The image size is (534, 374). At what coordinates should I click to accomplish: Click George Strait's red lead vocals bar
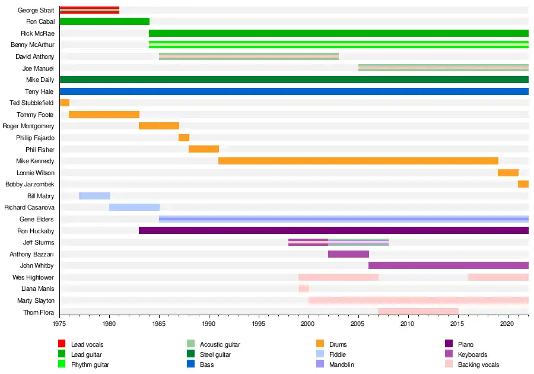[89, 10]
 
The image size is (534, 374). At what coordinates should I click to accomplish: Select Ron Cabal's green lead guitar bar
[104, 21]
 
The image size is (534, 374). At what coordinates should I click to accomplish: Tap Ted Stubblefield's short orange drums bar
[65, 103]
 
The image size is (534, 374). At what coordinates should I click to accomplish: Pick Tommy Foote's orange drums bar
[104, 115]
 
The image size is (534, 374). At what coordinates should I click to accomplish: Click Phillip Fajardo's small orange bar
[184, 138]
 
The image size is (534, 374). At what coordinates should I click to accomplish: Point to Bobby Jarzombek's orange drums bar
[523, 184]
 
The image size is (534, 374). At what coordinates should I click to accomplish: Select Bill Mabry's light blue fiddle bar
[94, 196]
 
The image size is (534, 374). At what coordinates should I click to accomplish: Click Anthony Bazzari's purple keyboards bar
[348, 254]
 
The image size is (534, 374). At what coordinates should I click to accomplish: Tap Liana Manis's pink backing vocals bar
[303, 289]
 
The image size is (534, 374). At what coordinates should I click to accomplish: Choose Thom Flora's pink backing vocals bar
[418, 312]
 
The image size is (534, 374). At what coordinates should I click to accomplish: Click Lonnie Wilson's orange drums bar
[508, 173]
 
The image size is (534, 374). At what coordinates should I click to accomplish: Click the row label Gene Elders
[37, 219]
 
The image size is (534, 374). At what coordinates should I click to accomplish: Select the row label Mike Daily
[40, 80]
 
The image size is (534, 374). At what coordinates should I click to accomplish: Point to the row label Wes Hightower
[33, 277]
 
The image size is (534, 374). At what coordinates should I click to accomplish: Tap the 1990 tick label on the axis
[209, 324]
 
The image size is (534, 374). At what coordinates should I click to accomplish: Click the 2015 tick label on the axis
[457, 324]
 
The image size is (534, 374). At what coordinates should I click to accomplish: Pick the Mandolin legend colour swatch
[320, 365]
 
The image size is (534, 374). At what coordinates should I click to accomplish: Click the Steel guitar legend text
[215, 354]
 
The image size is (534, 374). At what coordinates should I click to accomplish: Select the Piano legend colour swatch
[449, 344]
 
